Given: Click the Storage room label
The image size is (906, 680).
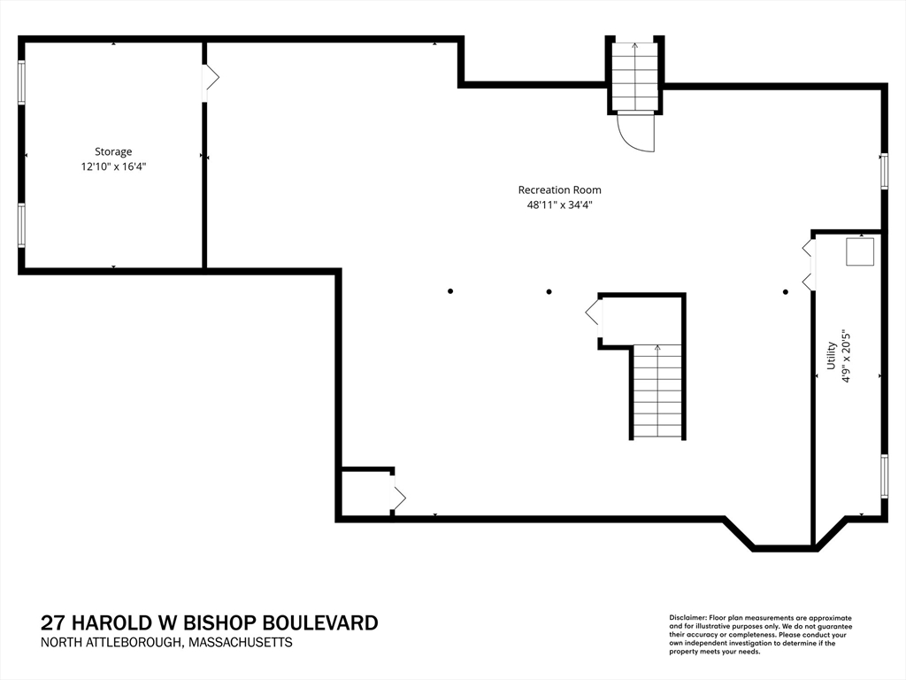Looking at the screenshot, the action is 113,152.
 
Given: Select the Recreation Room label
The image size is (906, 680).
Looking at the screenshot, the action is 559,189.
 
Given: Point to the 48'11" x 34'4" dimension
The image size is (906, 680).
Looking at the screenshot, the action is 559,205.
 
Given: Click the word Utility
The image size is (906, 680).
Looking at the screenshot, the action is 831,356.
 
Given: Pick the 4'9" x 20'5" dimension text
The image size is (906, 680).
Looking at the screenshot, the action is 847,356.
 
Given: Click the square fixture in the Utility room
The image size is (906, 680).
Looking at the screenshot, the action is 860,252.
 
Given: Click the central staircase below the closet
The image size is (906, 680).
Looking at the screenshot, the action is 657,391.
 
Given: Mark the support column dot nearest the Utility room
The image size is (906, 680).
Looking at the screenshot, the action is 786,292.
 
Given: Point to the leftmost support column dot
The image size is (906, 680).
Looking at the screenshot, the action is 450,291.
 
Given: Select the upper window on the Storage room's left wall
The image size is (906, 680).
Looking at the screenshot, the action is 22,82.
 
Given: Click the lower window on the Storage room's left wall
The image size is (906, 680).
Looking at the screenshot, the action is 22,225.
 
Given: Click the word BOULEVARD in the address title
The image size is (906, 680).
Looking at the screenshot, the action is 321,622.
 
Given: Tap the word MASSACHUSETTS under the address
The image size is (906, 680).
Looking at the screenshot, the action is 241,643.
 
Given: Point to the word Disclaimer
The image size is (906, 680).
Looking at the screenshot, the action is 687,618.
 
